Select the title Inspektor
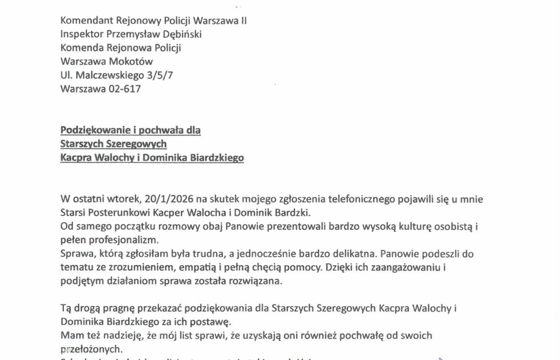tap(82, 34)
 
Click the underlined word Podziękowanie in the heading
tap(94, 130)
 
